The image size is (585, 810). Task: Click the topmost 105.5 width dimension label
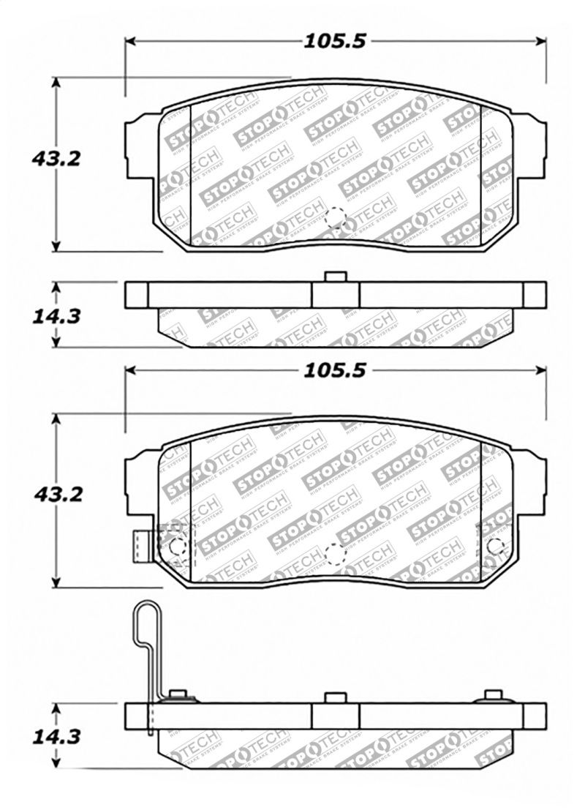336,41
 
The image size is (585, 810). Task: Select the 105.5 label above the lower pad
336,372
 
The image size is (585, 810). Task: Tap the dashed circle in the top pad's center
336,218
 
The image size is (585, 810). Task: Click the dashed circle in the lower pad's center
336,555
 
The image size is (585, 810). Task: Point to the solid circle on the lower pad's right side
495,545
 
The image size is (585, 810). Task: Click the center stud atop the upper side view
336,277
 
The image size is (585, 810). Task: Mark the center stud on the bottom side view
336,697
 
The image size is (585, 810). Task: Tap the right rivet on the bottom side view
494,695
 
